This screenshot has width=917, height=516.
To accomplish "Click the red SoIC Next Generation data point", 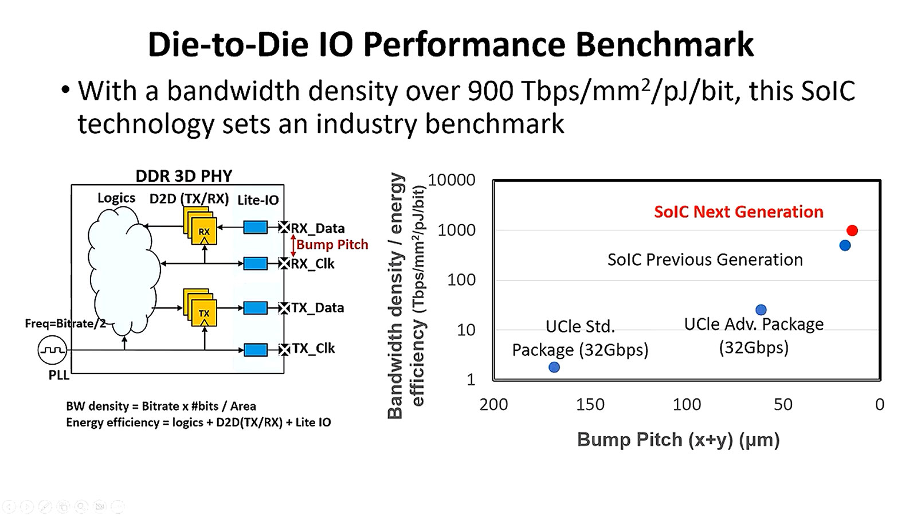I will pyautogui.click(x=852, y=230).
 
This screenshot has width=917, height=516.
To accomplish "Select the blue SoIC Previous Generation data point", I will pyautogui.click(x=845, y=245).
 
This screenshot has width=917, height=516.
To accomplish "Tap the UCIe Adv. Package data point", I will pyautogui.click(x=761, y=310).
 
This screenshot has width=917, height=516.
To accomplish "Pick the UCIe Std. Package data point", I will pyautogui.click(x=554, y=367).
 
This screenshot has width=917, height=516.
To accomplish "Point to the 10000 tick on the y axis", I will pyautogui.click(x=452, y=180).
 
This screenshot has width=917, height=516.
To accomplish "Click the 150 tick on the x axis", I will pyautogui.click(x=590, y=404).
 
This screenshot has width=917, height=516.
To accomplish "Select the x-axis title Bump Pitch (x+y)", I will pyautogui.click(x=678, y=440).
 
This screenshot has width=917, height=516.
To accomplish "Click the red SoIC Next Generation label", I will pyautogui.click(x=738, y=212).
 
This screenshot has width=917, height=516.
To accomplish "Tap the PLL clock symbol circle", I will pyautogui.click(x=52, y=350).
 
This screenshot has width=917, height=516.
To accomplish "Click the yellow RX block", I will pyautogui.click(x=204, y=232).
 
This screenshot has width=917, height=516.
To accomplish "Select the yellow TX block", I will pyautogui.click(x=204, y=313).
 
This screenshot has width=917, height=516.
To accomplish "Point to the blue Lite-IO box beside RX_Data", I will pyautogui.click(x=255, y=228).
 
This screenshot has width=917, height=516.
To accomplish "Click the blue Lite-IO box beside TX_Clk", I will pyautogui.click(x=255, y=349).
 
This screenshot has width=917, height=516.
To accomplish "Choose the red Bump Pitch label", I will pyautogui.click(x=332, y=245).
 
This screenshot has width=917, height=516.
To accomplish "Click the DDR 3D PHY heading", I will pyautogui.click(x=184, y=175).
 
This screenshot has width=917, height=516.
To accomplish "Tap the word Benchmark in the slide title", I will pyautogui.click(x=664, y=44).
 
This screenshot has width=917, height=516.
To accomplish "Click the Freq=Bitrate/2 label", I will pyautogui.click(x=65, y=323).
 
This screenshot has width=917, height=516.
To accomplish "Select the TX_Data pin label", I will pyautogui.click(x=318, y=308).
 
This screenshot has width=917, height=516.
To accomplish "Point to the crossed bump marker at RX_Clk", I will pyautogui.click(x=284, y=264).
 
